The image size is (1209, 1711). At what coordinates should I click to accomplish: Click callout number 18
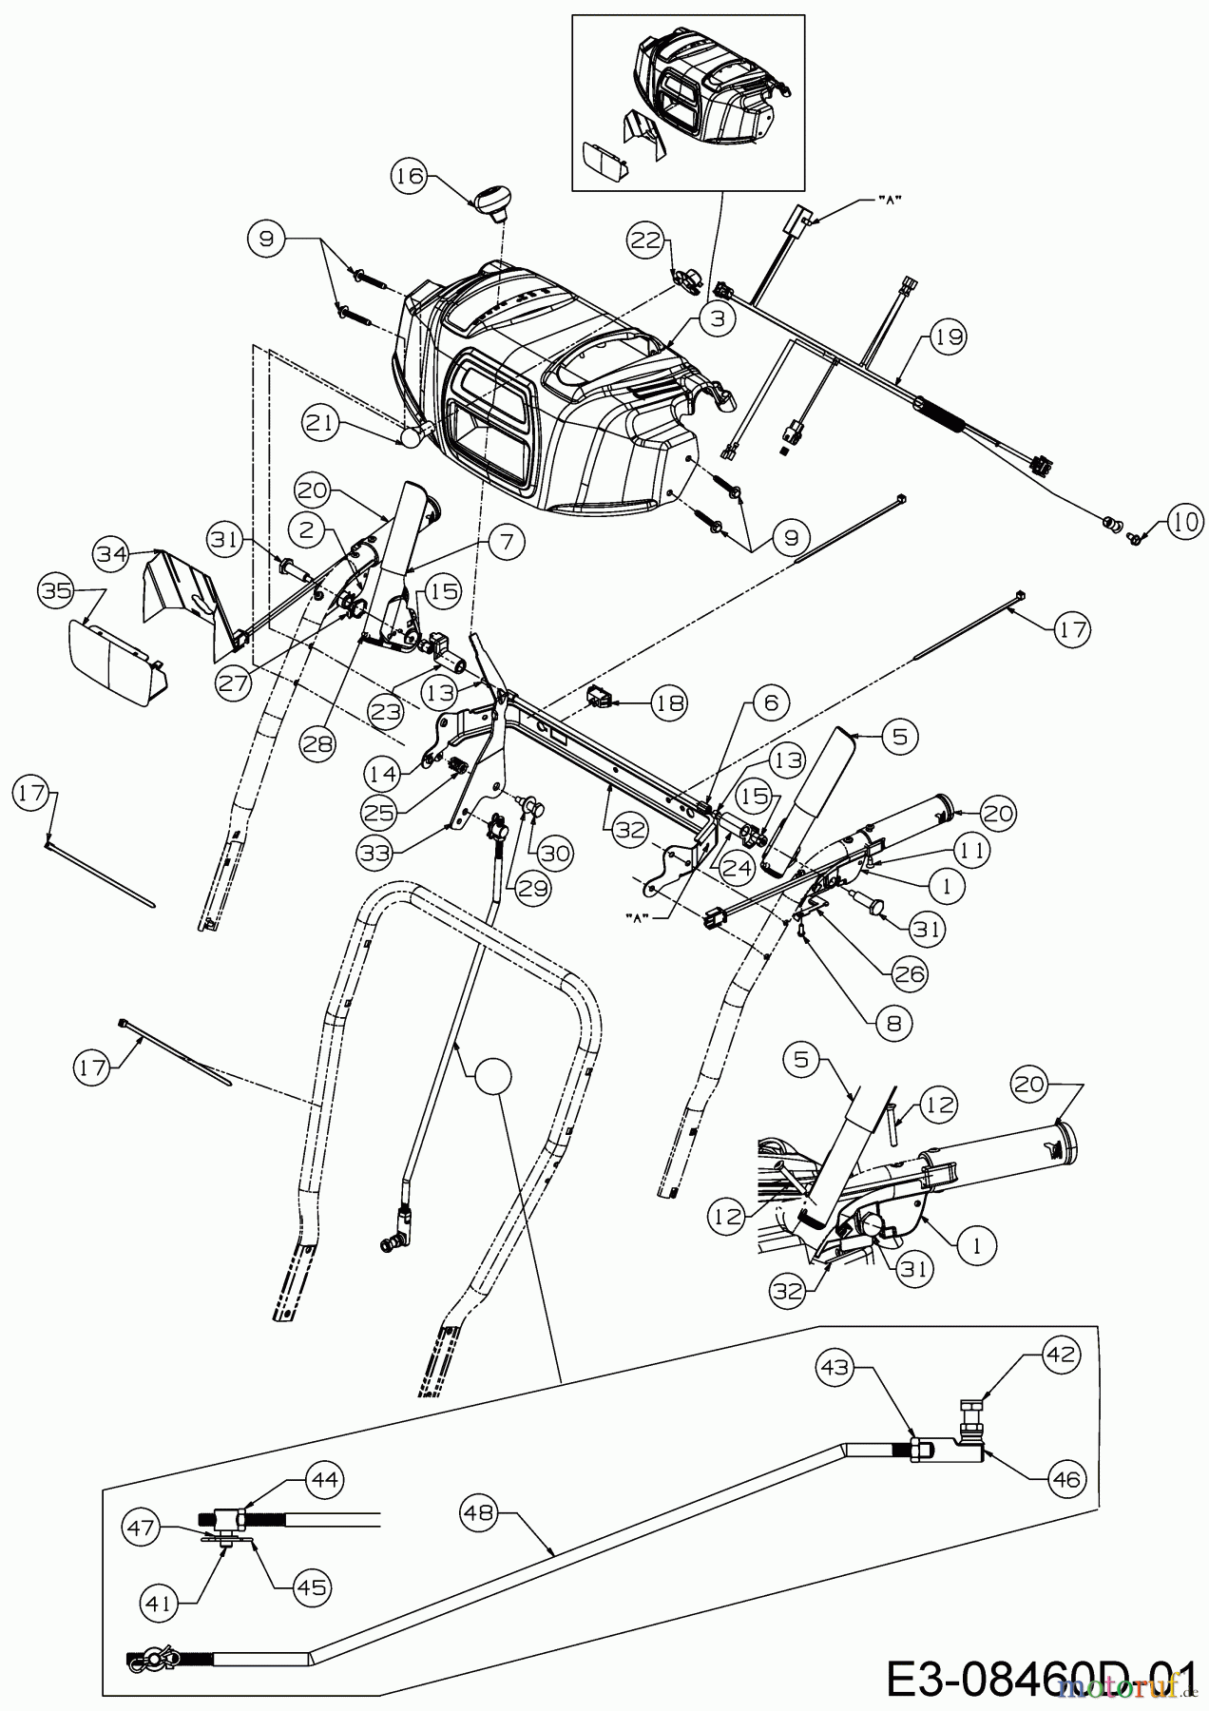click(x=666, y=702)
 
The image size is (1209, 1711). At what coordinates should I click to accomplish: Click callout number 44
click(x=323, y=1479)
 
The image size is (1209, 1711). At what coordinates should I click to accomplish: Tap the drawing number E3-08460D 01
click(x=1039, y=1676)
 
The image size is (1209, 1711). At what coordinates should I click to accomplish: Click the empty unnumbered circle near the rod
click(x=492, y=1075)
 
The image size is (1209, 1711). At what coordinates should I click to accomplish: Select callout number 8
click(x=896, y=1023)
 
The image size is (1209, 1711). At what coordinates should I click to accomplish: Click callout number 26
click(x=909, y=973)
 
